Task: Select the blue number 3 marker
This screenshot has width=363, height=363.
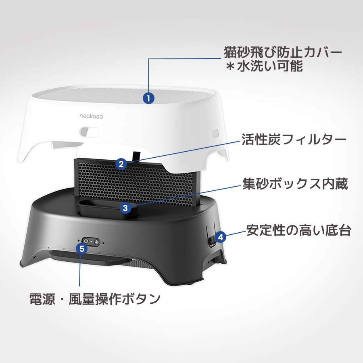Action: pos(125,208)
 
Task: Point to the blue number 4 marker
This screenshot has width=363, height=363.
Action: pos(220,237)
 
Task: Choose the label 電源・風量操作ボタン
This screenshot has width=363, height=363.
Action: pos(95,299)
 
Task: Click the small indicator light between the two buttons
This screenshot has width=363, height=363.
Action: pos(91,241)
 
